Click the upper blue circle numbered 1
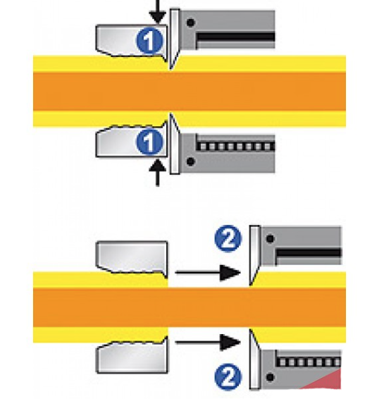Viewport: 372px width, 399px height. pos(149,41)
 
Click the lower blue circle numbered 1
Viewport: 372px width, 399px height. pos(149,142)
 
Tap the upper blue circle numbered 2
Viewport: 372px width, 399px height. pos(228,239)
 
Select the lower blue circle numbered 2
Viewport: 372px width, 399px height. pos(228,377)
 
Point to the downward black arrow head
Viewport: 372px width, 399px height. pos(158,18)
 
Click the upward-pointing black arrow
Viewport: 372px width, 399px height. pos(158,173)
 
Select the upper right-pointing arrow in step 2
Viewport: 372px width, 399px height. pos(207,273)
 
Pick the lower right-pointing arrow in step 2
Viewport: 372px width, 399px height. pos(207,343)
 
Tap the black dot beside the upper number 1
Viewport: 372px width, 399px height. pos(191,23)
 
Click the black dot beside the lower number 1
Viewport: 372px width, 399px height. pos(191,161)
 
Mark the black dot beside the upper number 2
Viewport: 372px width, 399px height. pos(270,239)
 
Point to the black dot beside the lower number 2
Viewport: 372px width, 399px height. pos(270,377)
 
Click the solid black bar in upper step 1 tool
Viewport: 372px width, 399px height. pos(236,37)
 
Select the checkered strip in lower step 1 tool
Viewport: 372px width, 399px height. pos(236,147)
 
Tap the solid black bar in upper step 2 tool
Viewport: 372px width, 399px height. pos(309,252)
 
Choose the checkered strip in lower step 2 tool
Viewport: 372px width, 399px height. pos(309,362)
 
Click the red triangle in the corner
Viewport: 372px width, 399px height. pos(329,381)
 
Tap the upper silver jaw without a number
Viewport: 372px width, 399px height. pos(132,257)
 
